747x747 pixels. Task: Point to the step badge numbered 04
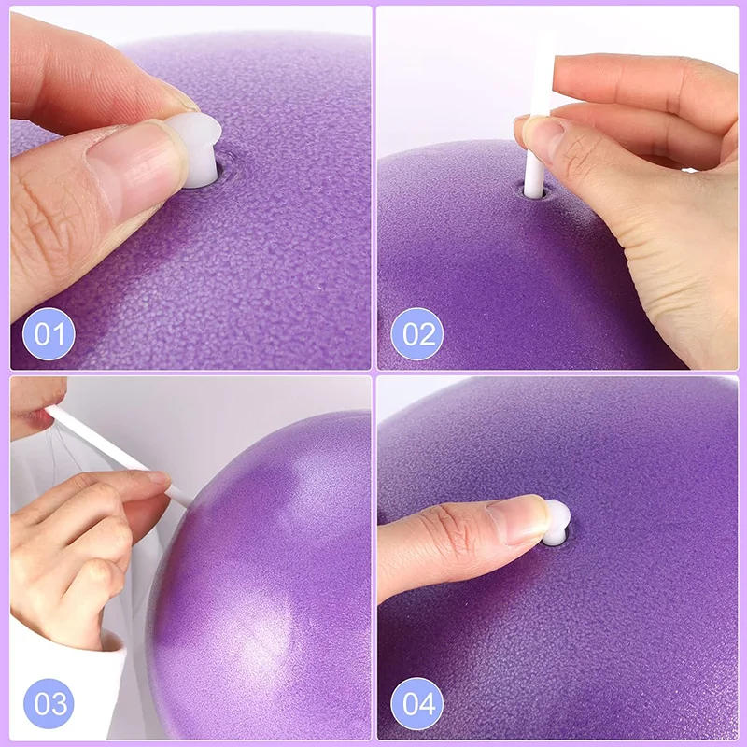416,702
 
